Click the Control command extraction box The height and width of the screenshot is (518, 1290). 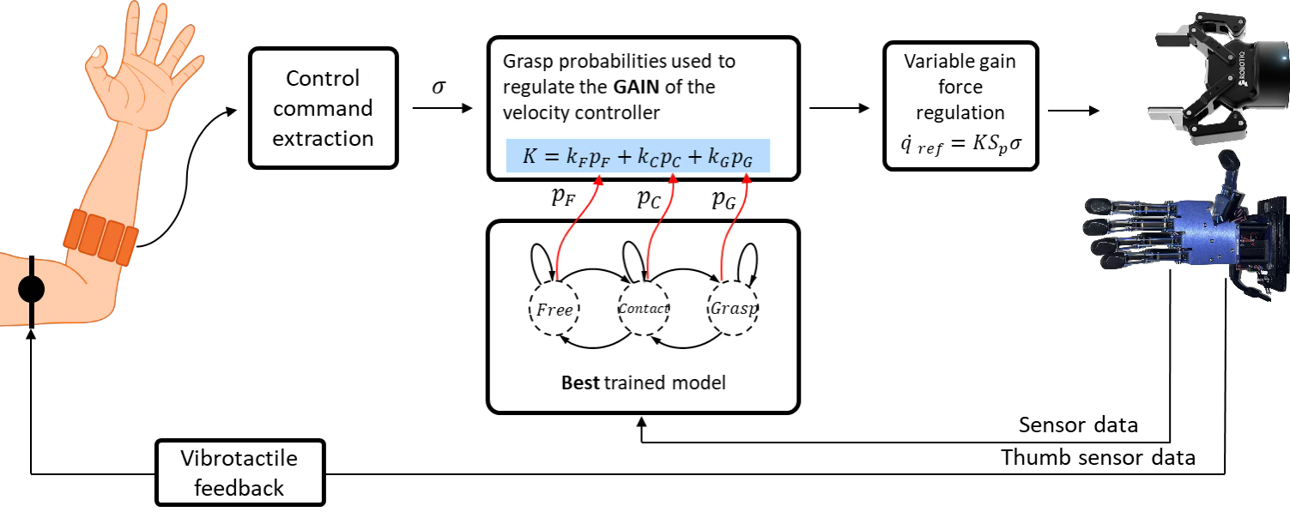(323, 108)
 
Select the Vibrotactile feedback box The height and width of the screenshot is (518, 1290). (239, 473)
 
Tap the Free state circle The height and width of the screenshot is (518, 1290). (554, 309)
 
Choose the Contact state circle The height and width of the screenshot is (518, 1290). (643, 308)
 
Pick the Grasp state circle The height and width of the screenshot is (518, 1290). (733, 308)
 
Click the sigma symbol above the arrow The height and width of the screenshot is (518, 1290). (439, 87)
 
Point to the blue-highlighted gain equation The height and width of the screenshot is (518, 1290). (638, 155)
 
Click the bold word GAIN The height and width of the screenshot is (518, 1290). (636, 87)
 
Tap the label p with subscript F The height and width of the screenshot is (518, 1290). (563, 197)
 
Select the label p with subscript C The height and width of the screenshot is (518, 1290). (649, 199)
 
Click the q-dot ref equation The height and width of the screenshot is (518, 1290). (961, 144)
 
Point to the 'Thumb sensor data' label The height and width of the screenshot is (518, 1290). (1099, 458)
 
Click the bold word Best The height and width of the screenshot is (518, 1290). (580, 382)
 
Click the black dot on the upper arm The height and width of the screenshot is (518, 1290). (31, 289)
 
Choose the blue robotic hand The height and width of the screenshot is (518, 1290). (1186, 227)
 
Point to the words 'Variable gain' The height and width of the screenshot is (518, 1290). (960, 61)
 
